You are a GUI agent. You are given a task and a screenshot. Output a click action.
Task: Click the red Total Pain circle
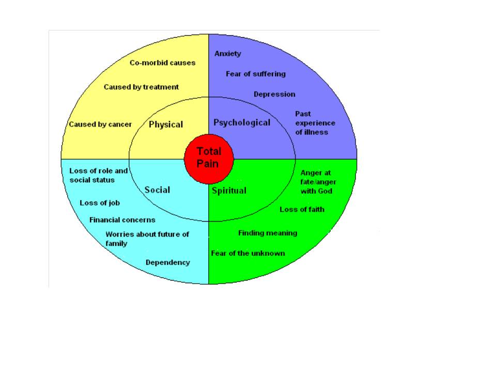(x=209, y=157)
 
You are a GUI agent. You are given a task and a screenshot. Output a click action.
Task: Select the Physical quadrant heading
(x=166, y=125)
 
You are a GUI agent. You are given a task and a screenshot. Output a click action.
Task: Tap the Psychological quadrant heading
(x=242, y=122)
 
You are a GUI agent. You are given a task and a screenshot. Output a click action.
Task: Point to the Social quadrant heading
(x=157, y=190)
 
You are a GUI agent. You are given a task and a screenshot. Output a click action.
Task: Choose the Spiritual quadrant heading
(x=229, y=191)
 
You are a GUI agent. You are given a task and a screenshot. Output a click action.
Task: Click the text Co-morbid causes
(x=162, y=63)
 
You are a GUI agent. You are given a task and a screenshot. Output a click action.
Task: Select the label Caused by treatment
(x=141, y=87)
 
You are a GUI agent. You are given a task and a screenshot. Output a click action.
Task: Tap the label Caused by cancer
(x=100, y=125)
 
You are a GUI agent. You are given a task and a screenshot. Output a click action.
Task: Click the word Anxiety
(x=228, y=54)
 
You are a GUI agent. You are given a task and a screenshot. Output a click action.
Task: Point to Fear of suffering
(x=256, y=74)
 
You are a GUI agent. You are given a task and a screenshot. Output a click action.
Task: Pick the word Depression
(x=274, y=95)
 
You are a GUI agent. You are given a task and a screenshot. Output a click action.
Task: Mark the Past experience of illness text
(x=315, y=122)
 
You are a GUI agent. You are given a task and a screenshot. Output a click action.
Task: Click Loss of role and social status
(x=99, y=175)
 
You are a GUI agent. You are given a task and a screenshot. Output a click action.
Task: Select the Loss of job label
(x=100, y=203)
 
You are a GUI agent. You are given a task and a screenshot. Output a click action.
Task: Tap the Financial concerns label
(x=122, y=220)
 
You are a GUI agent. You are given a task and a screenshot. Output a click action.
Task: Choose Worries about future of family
(x=147, y=239)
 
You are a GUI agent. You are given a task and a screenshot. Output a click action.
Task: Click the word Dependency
(x=167, y=262)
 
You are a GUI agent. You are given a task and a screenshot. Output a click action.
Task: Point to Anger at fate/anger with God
(x=316, y=182)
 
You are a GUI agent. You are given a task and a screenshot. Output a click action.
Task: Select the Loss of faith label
(x=302, y=209)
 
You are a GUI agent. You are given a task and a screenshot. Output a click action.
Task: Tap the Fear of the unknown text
(x=248, y=253)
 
